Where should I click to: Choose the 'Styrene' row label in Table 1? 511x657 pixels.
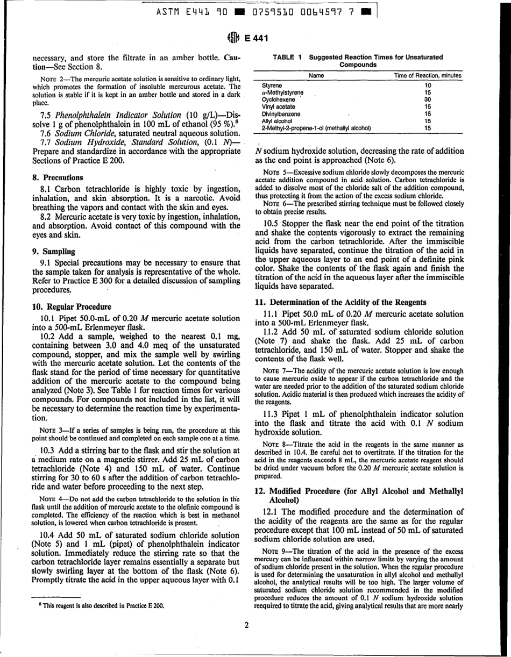(x=272, y=85)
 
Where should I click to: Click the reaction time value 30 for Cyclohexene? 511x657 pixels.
(x=428, y=99)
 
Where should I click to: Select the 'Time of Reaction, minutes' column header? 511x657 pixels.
(x=428, y=76)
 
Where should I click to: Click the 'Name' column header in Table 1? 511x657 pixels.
(x=316, y=76)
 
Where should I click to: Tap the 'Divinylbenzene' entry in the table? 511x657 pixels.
(x=281, y=113)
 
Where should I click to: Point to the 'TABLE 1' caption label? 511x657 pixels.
(x=287, y=56)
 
